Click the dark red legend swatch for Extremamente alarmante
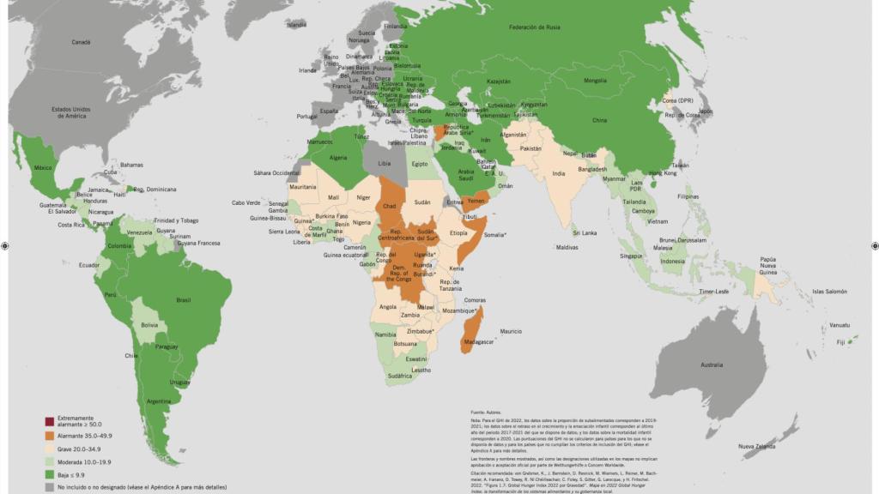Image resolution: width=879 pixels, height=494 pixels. pyautogui.click(x=51, y=421)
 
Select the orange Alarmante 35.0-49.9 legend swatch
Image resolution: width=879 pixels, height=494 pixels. pyautogui.click(x=51, y=436)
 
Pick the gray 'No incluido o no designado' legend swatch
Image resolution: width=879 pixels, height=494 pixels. pyautogui.click(x=51, y=486)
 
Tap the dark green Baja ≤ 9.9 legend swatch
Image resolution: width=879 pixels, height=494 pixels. pyautogui.click(x=51, y=473)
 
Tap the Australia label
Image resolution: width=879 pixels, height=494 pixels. pyautogui.click(x=712, y=365)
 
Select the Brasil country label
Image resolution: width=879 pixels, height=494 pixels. pyautogui.click(x=183, y=300)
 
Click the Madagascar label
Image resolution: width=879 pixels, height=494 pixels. pyautogui.click(x=479, y=341)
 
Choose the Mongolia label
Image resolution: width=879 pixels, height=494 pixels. pyautogui.click(x=594, y=81)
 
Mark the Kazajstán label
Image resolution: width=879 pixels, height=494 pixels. pyautogui.click(x=499, y=81)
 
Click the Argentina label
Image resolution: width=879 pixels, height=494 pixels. pyautogui.click(x=158, y=401)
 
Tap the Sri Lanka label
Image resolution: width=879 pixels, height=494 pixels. pyautogui.click(x=585, y=232)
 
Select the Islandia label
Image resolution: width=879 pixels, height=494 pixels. pyautogui.click(x=297, y=25)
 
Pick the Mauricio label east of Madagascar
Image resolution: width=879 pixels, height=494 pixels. pyautogui.click(x=511, y=330)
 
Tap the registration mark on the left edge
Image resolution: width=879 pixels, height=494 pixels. pyautogui.click(x=5, y=246)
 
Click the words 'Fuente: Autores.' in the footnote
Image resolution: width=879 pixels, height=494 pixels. pyautogui.click(x=486, y=413)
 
